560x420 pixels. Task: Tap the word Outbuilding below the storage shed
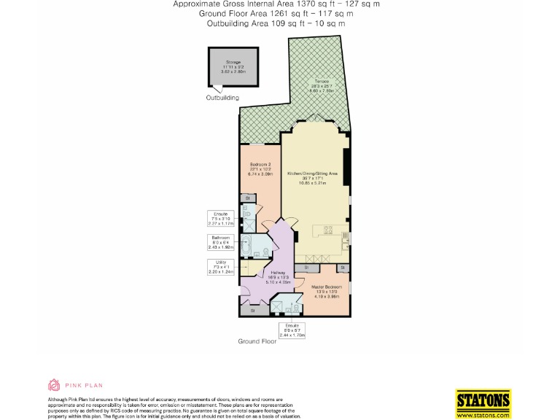pyautogui.click(x=222, y=98)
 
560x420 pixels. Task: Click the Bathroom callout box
pyautogui.click(x=221, y=243)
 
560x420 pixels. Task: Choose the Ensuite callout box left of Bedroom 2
pyautogui.click(x=221, y=219)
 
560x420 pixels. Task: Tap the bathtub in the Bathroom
pyautogui.click(x=247, y=248)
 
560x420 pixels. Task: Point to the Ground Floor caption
pyautogui.click(x=257, y=341)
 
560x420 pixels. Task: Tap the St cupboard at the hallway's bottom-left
pyautogui.click(x=252, y=311)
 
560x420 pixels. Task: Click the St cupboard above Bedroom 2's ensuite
pyautogui.click(x=247, y=198)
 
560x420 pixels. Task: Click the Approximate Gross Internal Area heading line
pyautogui.click(x=276, y=4)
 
